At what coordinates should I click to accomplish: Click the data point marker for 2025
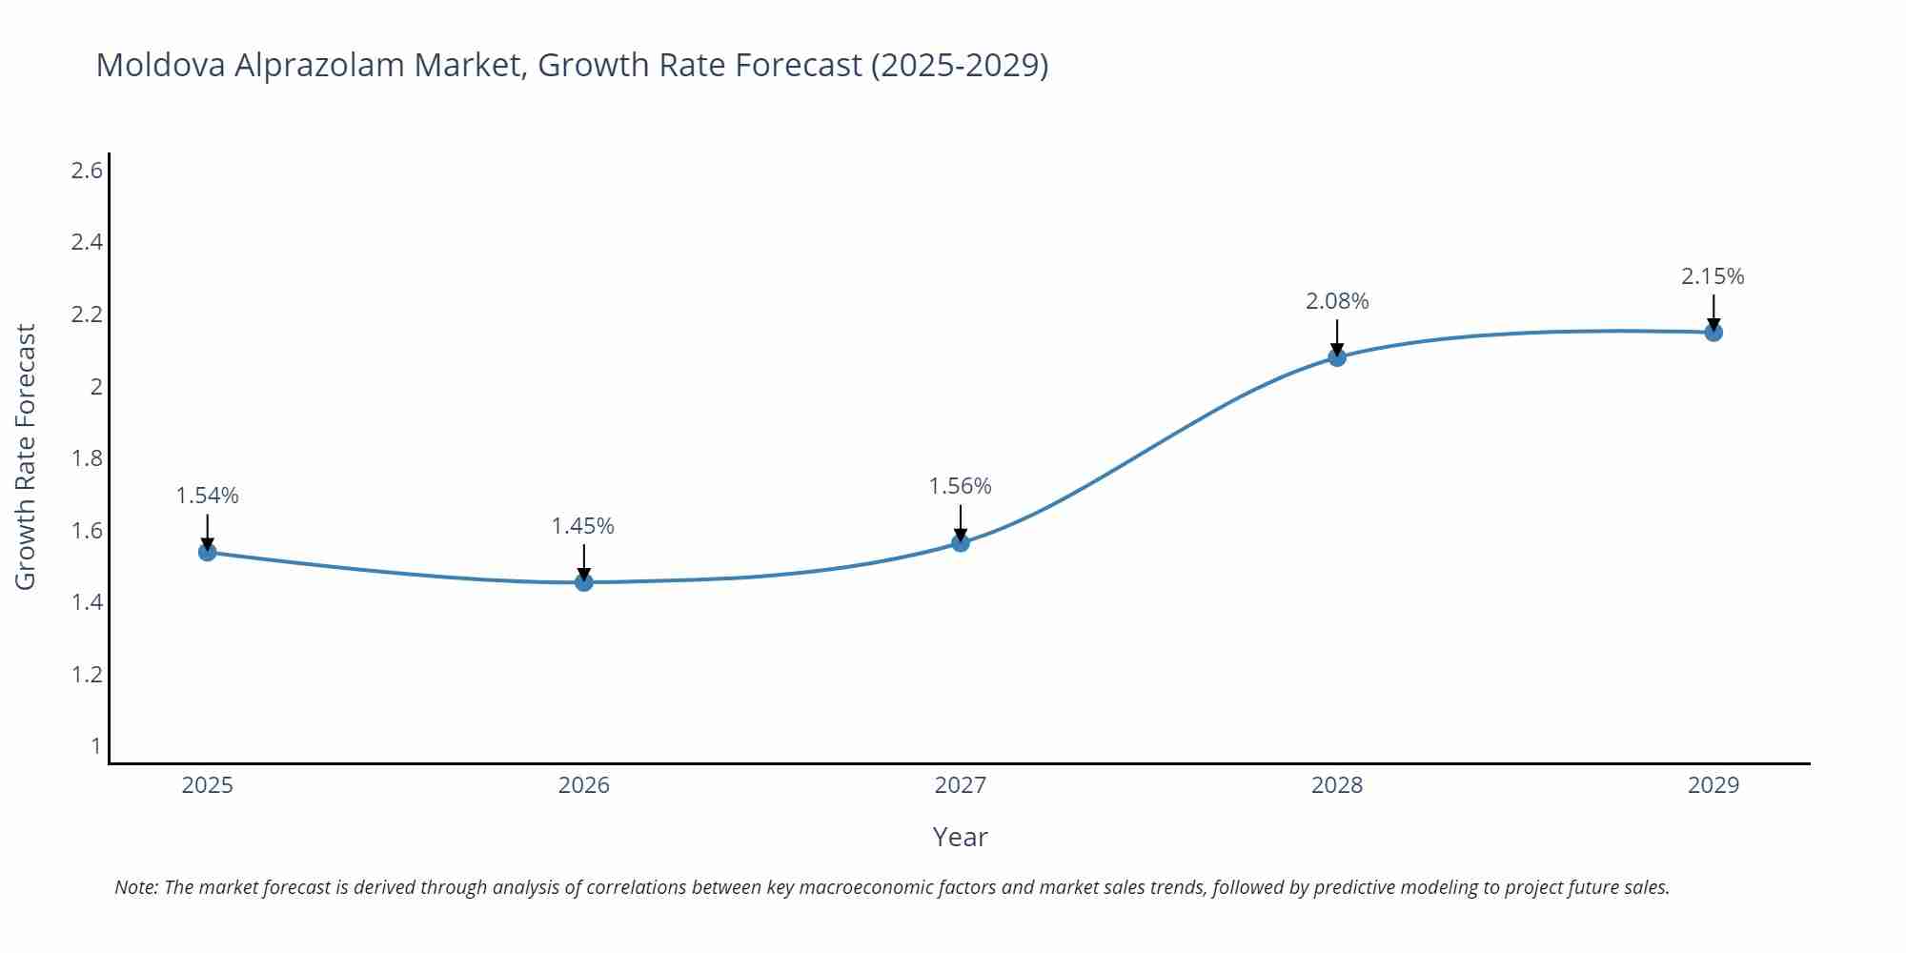tap(208, 552)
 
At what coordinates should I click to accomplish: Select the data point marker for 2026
tap(584, 582)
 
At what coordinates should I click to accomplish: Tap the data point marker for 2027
tap(961, 542)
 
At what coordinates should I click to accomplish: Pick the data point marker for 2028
tap(1337, 357)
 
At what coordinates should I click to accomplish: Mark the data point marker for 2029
tap(1713, 333)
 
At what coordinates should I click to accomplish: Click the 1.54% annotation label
tap(208, 496)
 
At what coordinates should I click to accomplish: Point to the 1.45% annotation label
tap(583, 526)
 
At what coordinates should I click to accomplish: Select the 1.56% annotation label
tap(961, 486)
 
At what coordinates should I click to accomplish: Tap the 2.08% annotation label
tap(1337, 301)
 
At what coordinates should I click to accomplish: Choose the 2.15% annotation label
tap(1713, 276)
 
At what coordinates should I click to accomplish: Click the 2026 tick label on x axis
tap(584, 785)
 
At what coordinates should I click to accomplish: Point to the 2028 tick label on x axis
tap(1337, 785)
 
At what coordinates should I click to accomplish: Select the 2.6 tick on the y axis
tap(87, 171)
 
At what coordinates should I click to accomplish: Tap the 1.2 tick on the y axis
tap(87, 675)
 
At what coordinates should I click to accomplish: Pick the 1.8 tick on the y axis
tap(87, 458)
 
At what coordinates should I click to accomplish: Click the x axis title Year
tap(960, 837)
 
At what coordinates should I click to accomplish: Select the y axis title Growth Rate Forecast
tap(26, 456)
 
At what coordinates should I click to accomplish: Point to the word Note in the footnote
tap(136, 887)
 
